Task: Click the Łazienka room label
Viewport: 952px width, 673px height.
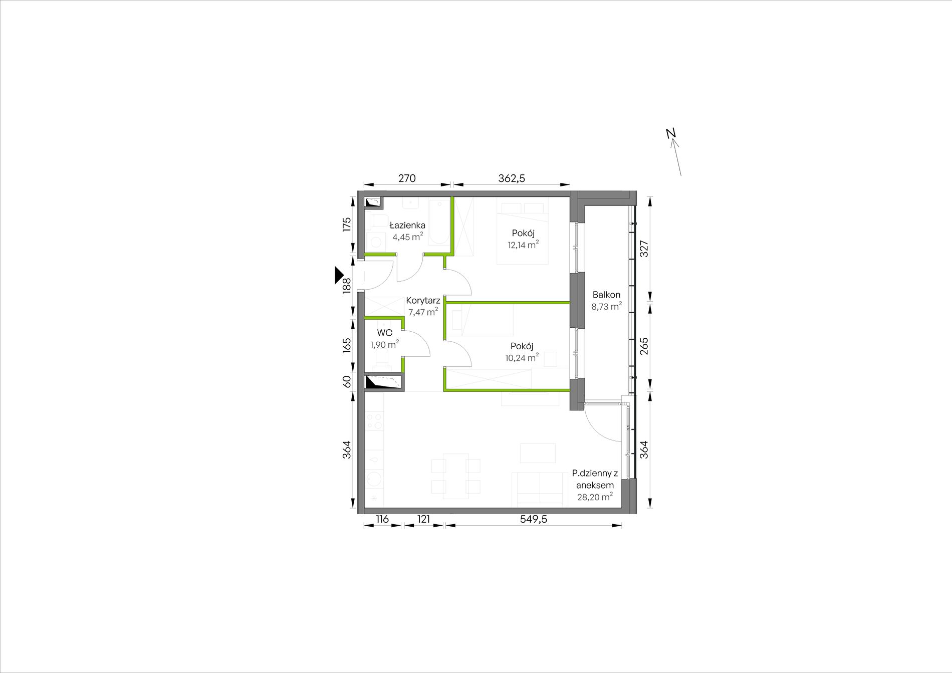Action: click(x=408, y=226)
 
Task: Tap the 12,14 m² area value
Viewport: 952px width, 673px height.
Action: click(x=523, y=245)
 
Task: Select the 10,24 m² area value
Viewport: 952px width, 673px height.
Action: click(x=522, y=357)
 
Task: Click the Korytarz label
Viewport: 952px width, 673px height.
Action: click(x=423, y=301)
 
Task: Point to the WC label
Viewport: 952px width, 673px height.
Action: click(x=385, y=333)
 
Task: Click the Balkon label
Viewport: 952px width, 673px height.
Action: click(x=606, y=295)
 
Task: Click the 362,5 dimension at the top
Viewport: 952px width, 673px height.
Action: click(x=512, y=178)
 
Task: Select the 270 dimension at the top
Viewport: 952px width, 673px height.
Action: click(x=407, y=178)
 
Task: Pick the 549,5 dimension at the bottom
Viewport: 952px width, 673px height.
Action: click(x=533, y=520)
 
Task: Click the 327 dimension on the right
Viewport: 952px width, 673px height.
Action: click(x=644, y=249)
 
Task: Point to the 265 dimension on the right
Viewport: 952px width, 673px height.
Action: click(x=644, y=346)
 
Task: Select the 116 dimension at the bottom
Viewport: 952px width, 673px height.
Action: click(x=382, y=520)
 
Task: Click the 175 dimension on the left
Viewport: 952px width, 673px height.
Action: click(x=346, y=225)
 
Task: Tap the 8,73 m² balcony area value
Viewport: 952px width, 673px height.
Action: click(x=606, y=307)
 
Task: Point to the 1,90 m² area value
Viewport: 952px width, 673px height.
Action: click(x=385, y=344)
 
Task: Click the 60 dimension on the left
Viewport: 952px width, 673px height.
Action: click(x=346, y=382)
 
